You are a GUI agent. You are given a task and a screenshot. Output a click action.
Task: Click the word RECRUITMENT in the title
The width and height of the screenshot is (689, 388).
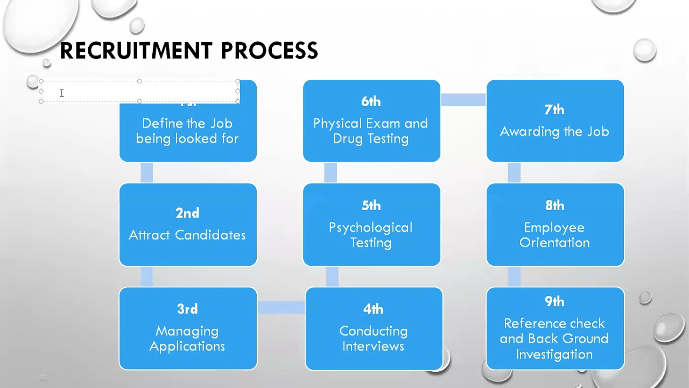(x=137, y=51)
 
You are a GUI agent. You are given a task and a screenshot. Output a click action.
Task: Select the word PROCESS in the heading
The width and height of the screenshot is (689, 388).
(x=269, y=51)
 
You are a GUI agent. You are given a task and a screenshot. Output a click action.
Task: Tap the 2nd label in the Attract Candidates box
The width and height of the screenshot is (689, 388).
(x=187, y=213)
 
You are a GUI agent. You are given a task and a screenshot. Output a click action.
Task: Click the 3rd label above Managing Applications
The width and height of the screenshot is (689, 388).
(x=187, y=309)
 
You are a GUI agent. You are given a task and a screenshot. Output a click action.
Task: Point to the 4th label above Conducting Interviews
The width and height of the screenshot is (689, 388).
(x=373, y=309)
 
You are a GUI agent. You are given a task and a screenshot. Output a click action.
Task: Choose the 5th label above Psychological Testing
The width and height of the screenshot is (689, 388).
(x=371, y=205)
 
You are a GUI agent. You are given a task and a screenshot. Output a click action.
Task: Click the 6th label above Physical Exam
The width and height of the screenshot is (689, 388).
(x=371, y=101)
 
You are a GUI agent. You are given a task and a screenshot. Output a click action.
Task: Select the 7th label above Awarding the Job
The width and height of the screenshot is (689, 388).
(x=554, y=109)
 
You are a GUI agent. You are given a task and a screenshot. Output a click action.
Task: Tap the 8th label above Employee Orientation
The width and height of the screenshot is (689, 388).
(x=554, y=205)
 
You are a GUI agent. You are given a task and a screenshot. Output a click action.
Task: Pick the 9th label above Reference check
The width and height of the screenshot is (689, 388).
(x=554, y=301)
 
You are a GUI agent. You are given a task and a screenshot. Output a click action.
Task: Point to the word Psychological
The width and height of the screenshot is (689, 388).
(x=371, y=227)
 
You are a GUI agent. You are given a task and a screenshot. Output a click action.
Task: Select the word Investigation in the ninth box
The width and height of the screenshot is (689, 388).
(x=554, y=354)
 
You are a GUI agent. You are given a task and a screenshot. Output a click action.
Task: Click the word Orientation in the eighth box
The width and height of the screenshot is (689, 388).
(x=554, y=242)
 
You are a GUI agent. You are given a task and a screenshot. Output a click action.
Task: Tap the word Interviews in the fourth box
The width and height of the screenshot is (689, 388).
(x=373, y=346)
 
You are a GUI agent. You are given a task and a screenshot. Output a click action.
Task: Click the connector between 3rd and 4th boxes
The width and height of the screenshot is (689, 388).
(x=281, y=307)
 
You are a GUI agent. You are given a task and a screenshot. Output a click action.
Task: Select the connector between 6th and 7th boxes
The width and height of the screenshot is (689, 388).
(x=463, y=100)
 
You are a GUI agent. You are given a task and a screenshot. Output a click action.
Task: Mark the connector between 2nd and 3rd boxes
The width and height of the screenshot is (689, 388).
(x=146, y=276)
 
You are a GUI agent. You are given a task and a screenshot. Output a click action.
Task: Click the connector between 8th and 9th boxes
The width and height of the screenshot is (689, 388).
(x=514, y=276)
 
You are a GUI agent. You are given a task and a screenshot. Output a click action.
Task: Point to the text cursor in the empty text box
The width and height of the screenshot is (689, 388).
(x=62, y=93)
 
